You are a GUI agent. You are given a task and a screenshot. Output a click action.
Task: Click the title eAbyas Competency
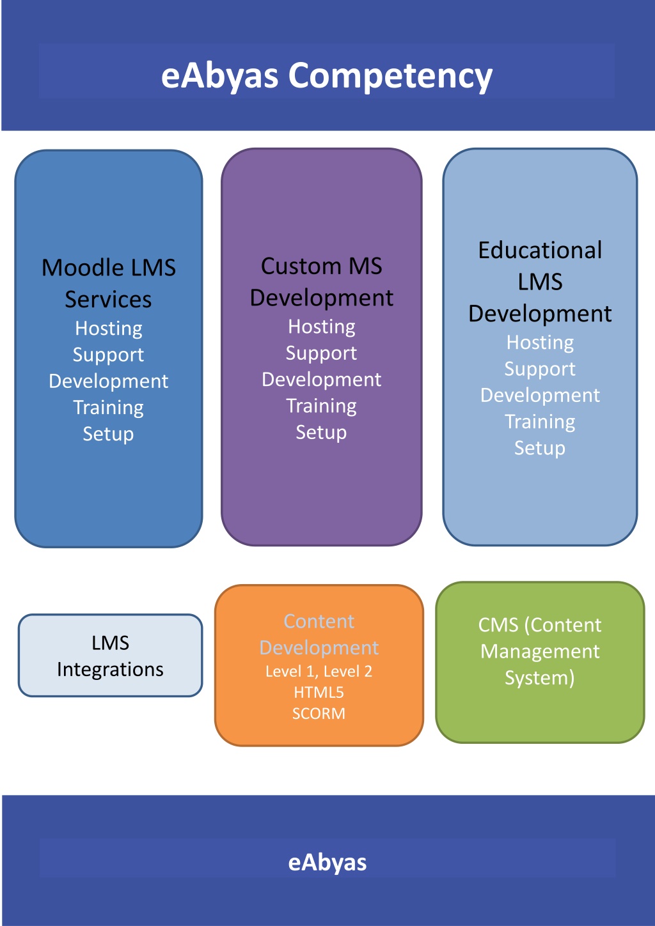327,77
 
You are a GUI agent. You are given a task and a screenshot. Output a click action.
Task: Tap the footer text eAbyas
327,862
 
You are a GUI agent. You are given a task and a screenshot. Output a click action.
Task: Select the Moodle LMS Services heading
109,283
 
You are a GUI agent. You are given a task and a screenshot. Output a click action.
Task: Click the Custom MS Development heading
322,282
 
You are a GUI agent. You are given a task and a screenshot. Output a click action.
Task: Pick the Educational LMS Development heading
540,282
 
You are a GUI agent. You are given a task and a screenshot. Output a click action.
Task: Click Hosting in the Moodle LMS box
109,328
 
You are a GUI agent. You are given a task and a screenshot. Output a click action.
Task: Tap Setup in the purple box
322,433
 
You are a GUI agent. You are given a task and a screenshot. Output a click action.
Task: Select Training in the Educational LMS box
540,422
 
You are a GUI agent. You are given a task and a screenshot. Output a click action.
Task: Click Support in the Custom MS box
322,353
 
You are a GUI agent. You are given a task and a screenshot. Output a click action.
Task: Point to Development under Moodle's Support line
109,381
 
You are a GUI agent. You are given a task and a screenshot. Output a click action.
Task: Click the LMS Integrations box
111,656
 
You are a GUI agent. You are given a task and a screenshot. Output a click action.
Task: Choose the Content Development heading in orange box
319,635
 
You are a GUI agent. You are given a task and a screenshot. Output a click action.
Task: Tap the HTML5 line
319,693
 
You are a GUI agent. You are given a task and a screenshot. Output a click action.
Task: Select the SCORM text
319,714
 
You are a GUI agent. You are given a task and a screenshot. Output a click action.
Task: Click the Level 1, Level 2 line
319,672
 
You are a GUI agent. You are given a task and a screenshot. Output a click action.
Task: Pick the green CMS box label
540,652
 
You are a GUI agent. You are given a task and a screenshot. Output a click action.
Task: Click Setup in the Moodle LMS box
108,434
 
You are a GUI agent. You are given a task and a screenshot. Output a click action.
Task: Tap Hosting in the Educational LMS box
540,343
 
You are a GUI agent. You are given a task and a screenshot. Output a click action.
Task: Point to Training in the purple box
322,406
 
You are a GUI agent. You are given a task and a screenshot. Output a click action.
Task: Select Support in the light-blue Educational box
540,369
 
